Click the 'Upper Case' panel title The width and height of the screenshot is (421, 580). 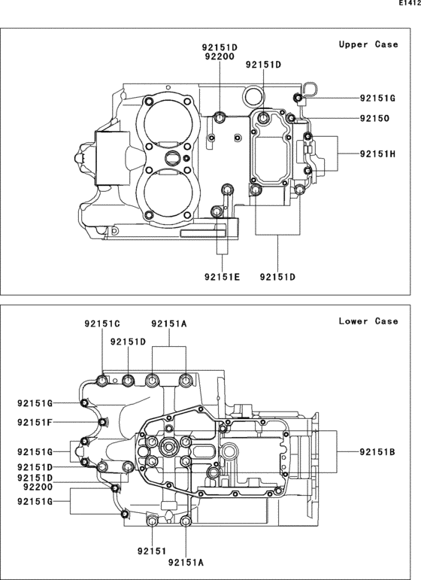[368, 44]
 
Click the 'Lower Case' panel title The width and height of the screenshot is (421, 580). [368, 321]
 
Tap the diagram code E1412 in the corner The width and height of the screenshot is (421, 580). [410, 3]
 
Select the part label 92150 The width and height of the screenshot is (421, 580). [375, 118]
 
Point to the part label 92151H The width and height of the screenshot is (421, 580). [377, 154]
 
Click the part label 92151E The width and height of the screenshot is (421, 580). [222, 277]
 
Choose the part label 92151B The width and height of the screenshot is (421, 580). [377, 451]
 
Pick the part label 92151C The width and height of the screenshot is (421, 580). [102, 323]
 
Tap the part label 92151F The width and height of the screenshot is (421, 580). [35, 422]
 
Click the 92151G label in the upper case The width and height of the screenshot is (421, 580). [377, 99]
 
